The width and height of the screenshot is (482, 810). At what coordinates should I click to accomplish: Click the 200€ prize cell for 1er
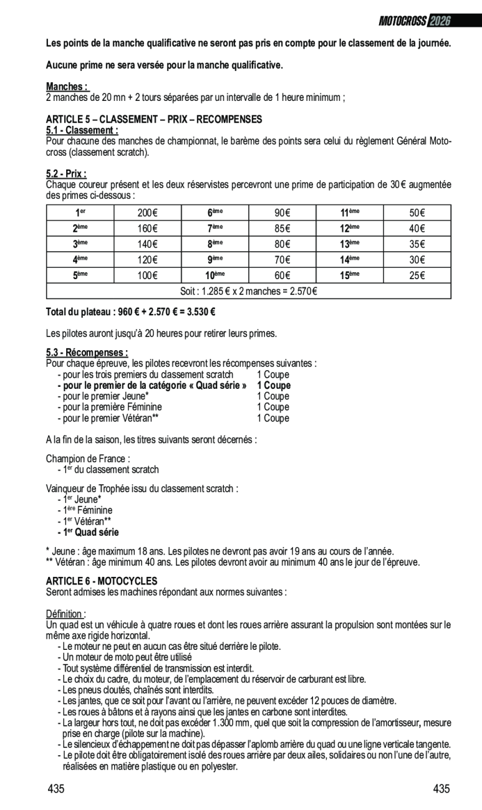147,213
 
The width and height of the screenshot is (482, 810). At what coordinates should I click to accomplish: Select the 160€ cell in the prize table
147,229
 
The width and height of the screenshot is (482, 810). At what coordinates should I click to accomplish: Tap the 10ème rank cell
215,275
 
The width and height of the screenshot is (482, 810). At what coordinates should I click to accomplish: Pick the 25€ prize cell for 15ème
417,275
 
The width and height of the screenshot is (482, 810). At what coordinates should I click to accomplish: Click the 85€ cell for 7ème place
282,229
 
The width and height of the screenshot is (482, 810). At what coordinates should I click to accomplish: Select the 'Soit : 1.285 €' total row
248,291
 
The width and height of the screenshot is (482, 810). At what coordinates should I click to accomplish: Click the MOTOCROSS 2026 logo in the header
415,21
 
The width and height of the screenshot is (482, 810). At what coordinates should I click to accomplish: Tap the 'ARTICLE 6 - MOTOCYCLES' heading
102,581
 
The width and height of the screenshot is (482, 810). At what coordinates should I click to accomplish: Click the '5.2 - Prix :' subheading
66,174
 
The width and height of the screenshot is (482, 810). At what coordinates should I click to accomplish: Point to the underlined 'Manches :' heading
67,87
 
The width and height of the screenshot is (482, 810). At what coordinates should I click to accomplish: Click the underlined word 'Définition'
65,614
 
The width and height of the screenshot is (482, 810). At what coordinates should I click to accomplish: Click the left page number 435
56,789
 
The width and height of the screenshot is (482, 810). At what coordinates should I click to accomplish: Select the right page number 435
441,789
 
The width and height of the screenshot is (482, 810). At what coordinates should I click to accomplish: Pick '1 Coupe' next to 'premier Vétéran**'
273,418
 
